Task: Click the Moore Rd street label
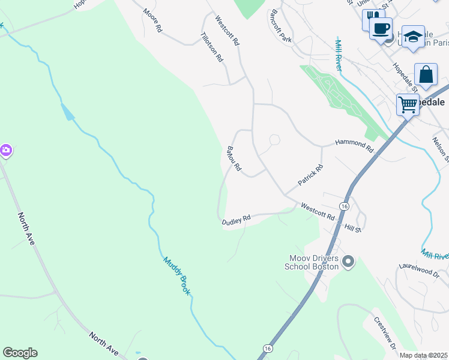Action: (x=152, y=20)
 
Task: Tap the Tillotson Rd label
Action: (x=212, y=47)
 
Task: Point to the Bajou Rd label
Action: (x=234, y=158)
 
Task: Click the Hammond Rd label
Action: (x=354, y=143)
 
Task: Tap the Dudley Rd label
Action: (x=236, y=220)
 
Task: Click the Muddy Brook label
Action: (x=176, y=275)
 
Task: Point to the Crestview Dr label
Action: (x=385, y=333)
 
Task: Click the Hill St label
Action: (x=352, y=228)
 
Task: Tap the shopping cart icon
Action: (x=408, y=105)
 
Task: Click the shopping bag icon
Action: (x=426, y=75)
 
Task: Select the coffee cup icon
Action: (x=381, y=28)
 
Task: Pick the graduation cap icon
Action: (x=413, y=36)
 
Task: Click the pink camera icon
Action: (x=5, y=151)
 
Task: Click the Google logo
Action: (x=20, y=353)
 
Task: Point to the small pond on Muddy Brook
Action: (x=68, y=112)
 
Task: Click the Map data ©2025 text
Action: (x=424, y=355)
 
